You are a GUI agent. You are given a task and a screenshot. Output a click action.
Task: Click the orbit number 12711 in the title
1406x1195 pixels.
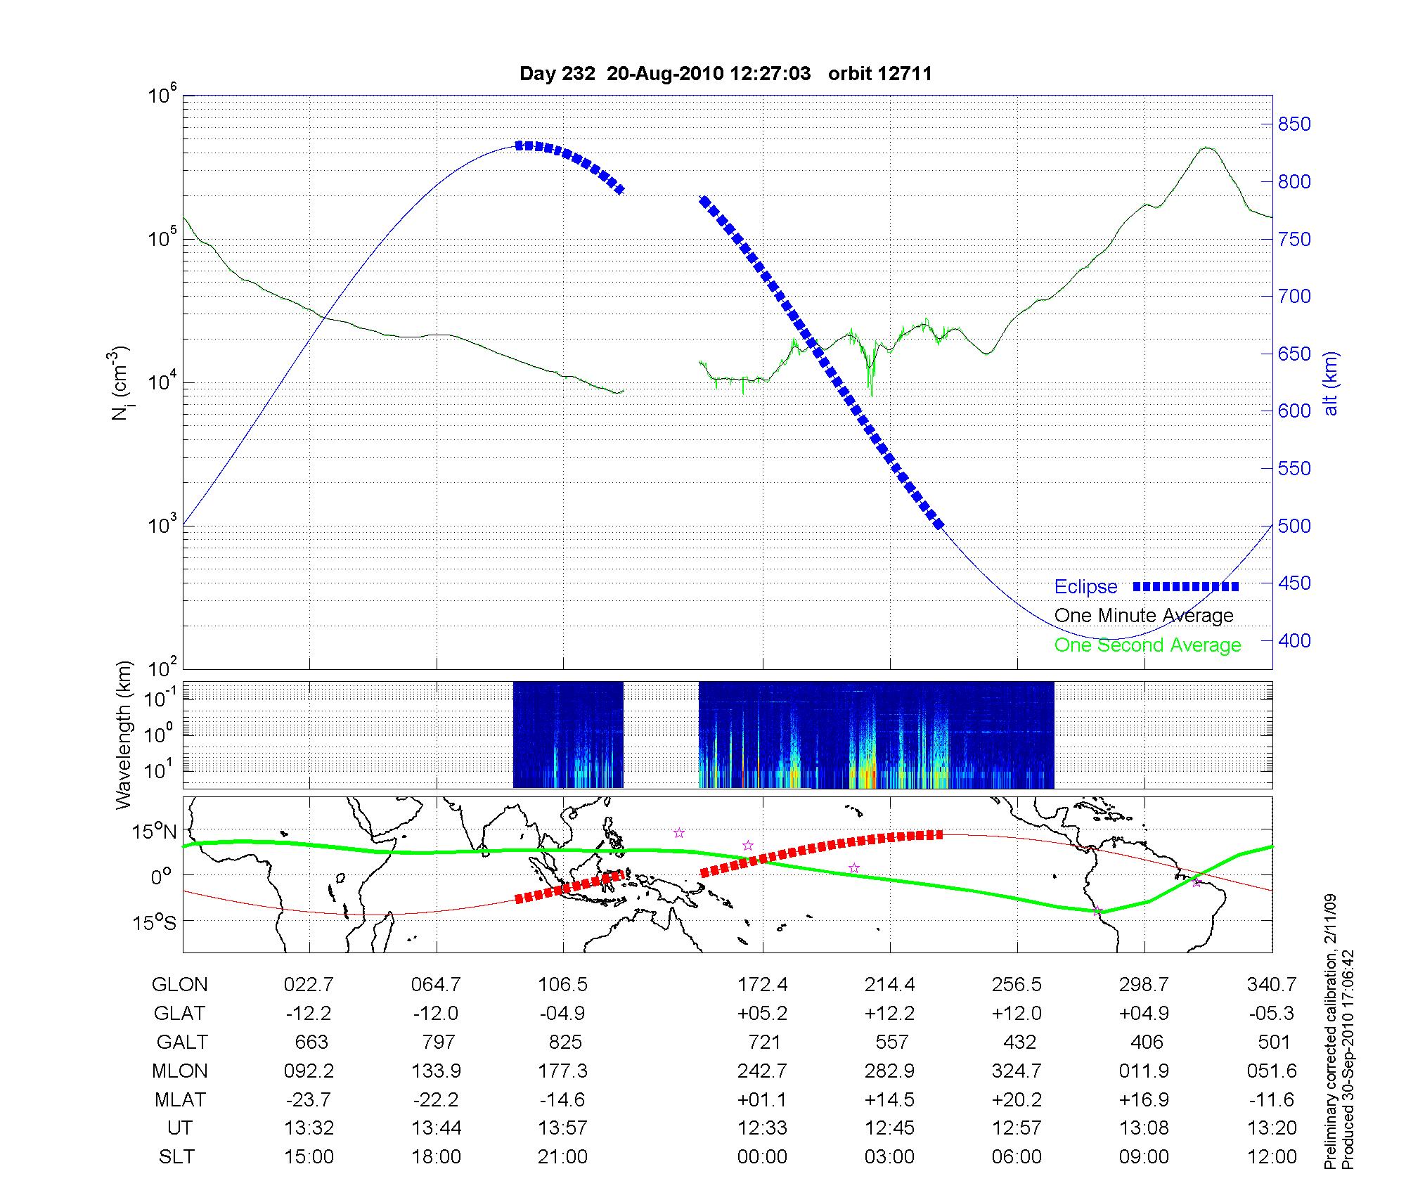click(880, 74)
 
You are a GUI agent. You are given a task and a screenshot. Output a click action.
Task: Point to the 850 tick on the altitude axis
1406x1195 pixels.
click(1294, 124)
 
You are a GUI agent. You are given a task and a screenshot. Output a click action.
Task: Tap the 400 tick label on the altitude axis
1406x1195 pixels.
click(1294, 640)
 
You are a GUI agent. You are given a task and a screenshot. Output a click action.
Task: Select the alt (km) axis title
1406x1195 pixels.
click(1331, 382)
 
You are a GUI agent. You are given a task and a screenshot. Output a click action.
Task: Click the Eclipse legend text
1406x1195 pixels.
click(1085, 586)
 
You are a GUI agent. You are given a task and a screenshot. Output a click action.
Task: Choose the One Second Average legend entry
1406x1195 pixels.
click(1147, 645)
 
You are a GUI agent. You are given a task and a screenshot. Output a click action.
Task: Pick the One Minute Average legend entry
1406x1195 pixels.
click(1144, 616)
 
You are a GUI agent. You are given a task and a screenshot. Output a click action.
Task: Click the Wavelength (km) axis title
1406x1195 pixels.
click(124, 735)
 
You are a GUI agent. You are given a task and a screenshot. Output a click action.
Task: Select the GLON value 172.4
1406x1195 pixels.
click(763, 984)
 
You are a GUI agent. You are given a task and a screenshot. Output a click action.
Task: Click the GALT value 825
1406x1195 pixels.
click(563, 1042)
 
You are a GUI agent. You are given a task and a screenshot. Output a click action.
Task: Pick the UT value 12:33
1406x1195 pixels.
click(763, 1128)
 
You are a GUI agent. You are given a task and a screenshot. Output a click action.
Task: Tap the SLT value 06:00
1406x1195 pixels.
click(1017, 1157)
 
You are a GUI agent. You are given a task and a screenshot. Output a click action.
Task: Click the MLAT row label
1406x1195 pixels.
click(180, 1099)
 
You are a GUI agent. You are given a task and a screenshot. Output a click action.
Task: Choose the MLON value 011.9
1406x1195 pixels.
click(1144, 1071)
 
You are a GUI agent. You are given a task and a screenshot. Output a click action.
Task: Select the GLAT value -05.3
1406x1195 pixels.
click(1272, 1013)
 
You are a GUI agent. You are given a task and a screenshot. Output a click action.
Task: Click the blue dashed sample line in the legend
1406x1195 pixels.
click(1185, 586)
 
